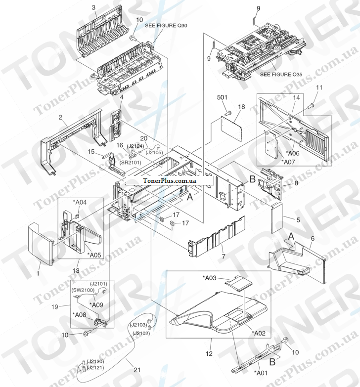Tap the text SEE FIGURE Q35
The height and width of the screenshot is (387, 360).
(x=281, y=75)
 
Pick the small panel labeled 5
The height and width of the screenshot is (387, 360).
(x=275, y=217)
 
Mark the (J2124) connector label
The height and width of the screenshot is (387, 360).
(x=135, y=146)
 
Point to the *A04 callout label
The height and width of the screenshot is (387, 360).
(x=80, y=202)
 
